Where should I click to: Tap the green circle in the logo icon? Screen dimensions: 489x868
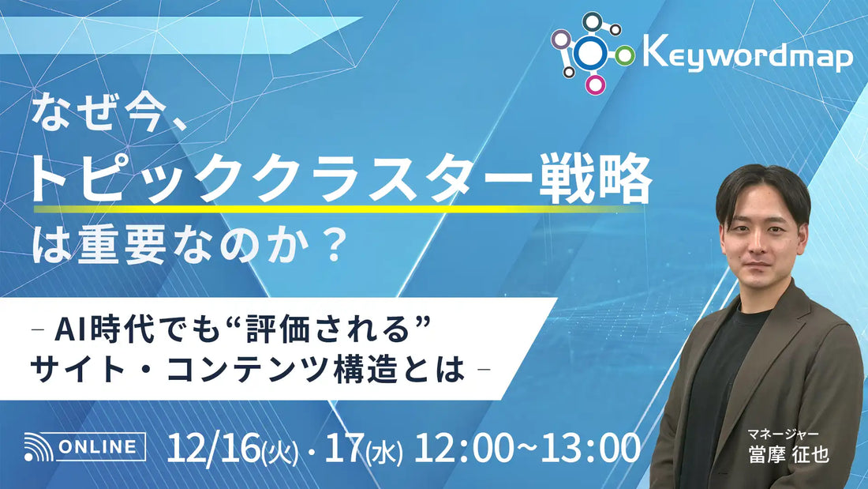pyautogui.click(x=625, y=55)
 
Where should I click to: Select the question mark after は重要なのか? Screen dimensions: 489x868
pyautogui.click(x=334, y=247)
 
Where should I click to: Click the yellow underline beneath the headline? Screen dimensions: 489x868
pyautogui.click(x=339, y=209)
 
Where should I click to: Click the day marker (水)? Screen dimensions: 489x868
pyautogui.click(x=387, y=452)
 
